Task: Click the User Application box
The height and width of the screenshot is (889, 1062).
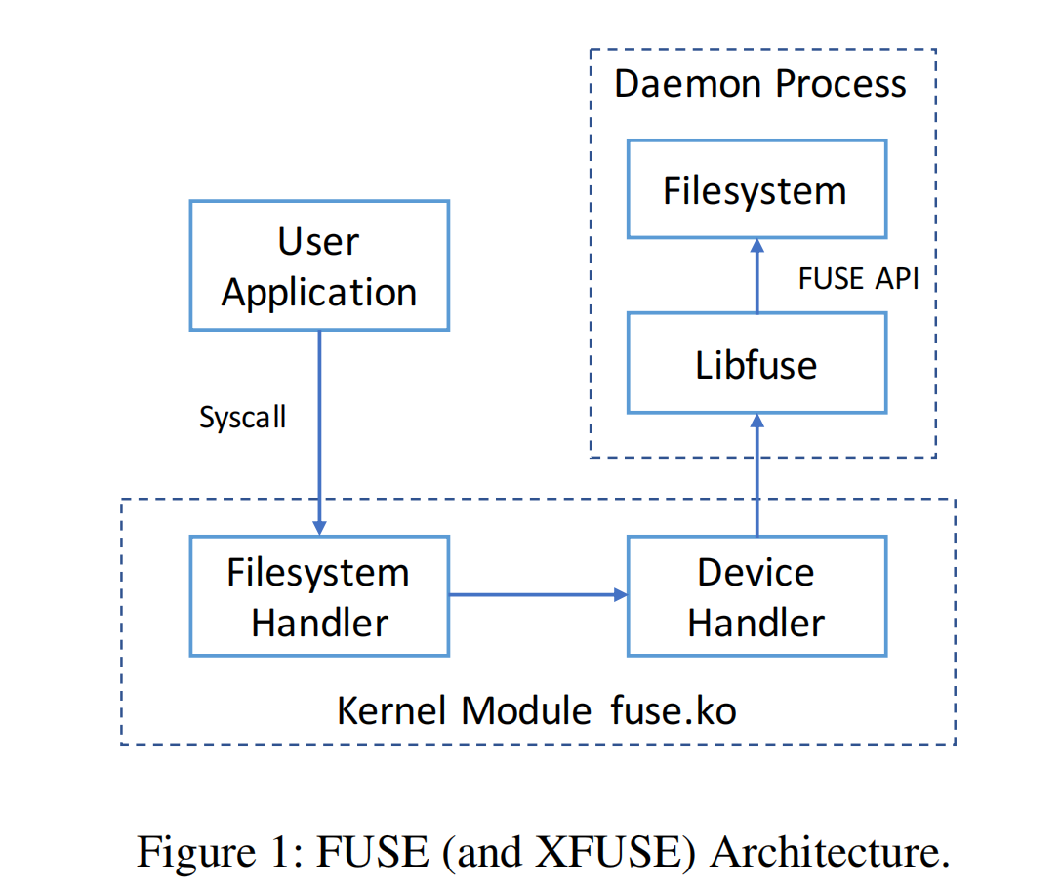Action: click(x=319, y=265)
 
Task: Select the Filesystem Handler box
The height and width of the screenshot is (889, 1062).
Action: click(x=319, y=596)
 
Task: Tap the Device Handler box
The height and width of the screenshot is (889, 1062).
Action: click(x=756, y=596)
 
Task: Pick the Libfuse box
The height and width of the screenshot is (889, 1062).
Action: click(x=756, y=364)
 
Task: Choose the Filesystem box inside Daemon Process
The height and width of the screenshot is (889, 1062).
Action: click(x=756, y=189)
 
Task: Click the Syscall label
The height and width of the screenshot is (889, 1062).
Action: click(x=243, y=418)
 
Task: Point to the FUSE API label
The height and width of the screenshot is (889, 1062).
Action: click(x=859, y=278)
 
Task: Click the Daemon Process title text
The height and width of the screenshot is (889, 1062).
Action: click(x=760, y=84)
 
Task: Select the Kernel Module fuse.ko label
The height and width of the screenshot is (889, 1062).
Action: click(x=536, y=710)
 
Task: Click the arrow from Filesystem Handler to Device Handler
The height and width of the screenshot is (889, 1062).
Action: click(x=537, y=594)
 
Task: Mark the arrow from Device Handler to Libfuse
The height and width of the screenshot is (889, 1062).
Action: click(x=756, y=473)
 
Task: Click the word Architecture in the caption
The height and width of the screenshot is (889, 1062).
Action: click(x=829, y=852)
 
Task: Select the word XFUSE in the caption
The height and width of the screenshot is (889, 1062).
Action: click(x=618, y=852)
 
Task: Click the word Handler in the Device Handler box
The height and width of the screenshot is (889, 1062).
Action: click(x=756, y=623)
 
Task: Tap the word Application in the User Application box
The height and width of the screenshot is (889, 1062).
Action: click(x=319, y=292)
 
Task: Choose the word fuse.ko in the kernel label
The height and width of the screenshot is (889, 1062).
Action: click(x=674, y=710)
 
